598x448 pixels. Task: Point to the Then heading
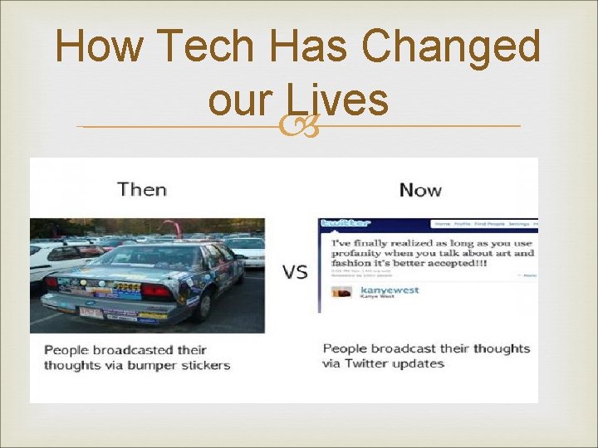pos(142,189)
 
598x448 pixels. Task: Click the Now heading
pos(420,190)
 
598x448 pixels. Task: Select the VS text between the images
pos(295,272)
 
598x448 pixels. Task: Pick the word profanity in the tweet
pos(365,253)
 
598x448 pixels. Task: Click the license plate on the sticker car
pos(91,313)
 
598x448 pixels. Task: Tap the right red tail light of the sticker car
pos(156,291)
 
